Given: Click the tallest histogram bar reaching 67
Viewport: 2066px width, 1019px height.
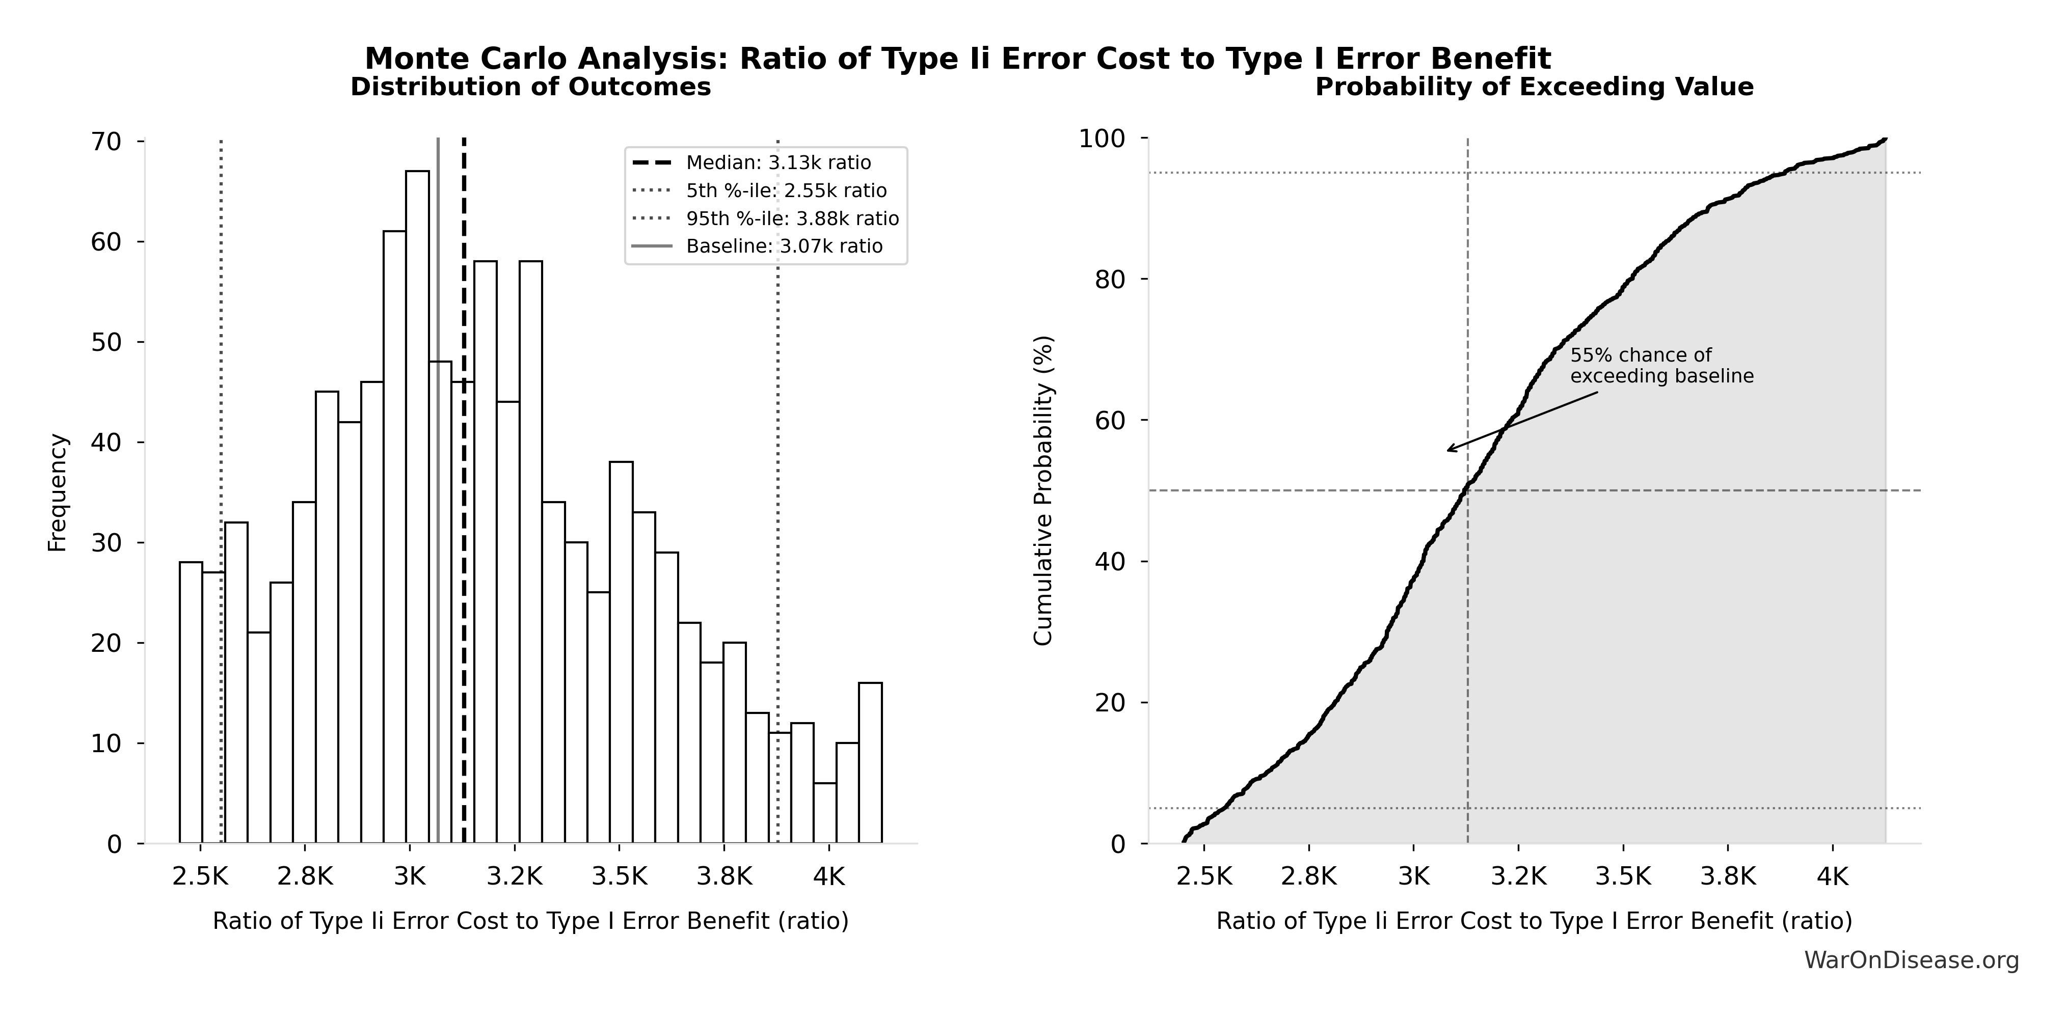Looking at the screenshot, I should (417, 505).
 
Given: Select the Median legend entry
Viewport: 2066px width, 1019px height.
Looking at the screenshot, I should (778, 163).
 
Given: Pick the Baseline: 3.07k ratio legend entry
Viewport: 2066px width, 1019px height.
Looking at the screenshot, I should (784, 246).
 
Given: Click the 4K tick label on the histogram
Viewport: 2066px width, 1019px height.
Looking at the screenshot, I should (828, 876).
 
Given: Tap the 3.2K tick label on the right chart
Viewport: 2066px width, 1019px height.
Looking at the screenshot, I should (1518, 876).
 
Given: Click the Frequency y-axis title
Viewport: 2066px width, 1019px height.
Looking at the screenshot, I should (58, 492).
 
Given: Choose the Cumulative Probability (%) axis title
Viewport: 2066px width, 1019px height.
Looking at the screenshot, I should (1042, 491).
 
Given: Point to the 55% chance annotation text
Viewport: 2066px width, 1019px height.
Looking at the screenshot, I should (1661, 366).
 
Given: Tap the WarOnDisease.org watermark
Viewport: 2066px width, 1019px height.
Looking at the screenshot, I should (1911, 959).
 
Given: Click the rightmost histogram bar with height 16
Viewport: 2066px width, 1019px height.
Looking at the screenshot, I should (870, 762).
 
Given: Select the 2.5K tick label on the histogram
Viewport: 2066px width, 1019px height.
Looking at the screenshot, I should (200, 876).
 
